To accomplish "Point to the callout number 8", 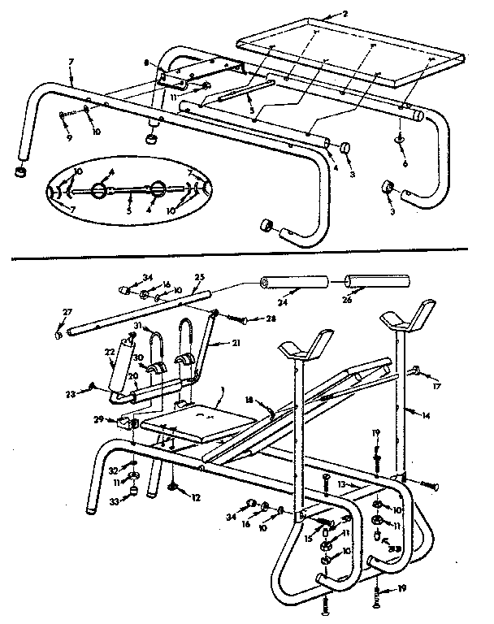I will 145,62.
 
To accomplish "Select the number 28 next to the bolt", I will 271,318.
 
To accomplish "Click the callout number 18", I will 249,401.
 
